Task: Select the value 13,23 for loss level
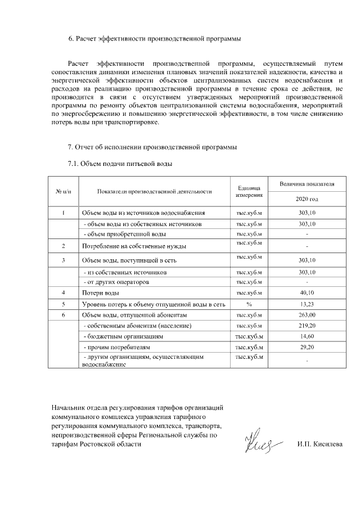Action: tap(307, 304)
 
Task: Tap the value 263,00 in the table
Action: tap(307, 315)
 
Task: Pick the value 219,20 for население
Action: tap(307, 326)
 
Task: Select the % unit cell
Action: tap(249, 304)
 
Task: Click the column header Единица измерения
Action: tap(249, 191)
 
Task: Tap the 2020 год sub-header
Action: tap(307, 199)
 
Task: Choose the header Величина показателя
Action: tap(307, 184)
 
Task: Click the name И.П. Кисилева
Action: tap(319, 444)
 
